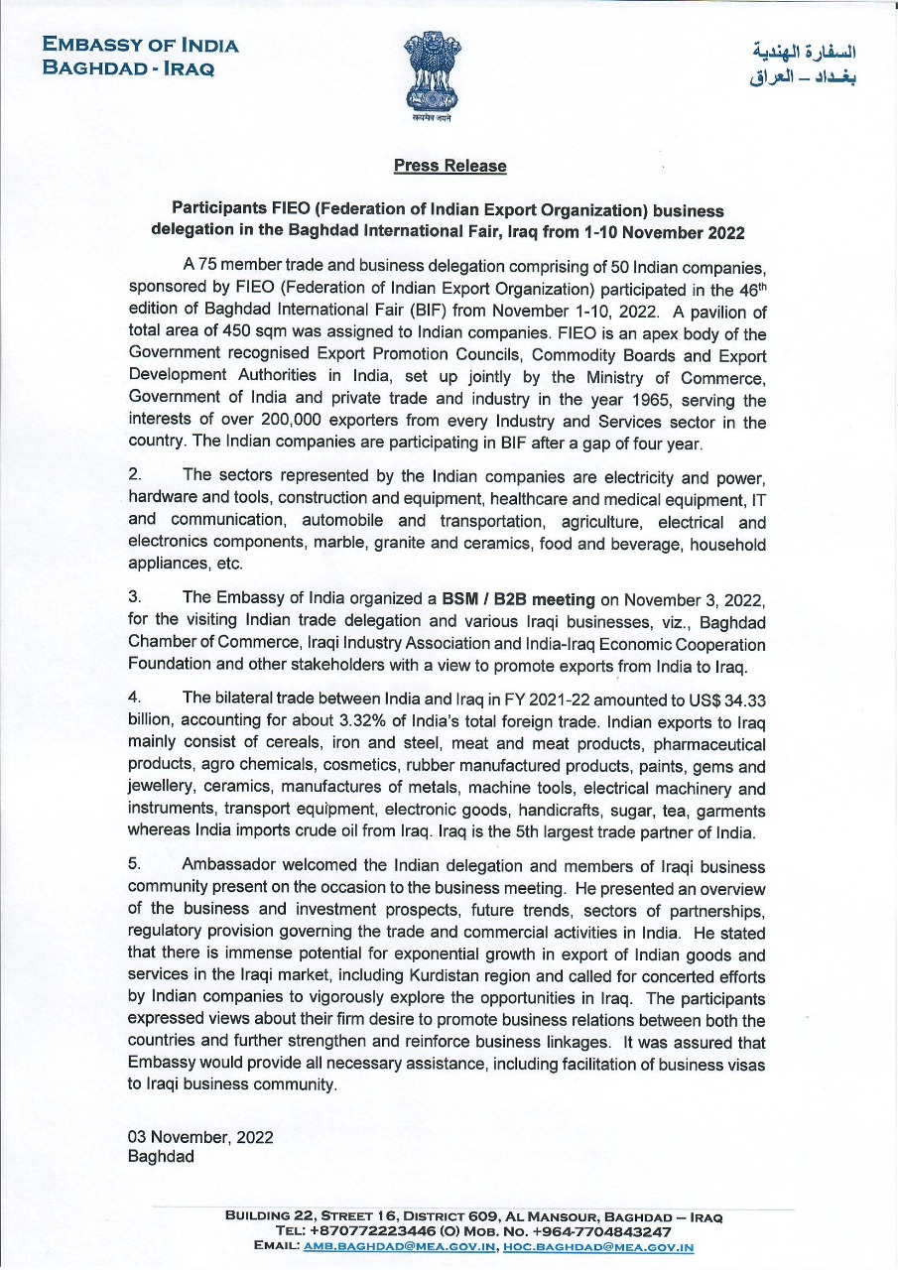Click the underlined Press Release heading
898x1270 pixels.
click(449, 166)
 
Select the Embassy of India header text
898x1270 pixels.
click(141, 57)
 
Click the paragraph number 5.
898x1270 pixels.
click(134, 863)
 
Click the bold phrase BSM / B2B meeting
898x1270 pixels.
click(518, 599)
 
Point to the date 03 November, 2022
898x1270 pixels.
click(200, 1137)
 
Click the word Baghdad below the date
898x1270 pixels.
click(161, 1157)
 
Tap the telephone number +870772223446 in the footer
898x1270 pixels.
click(364, 1231)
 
